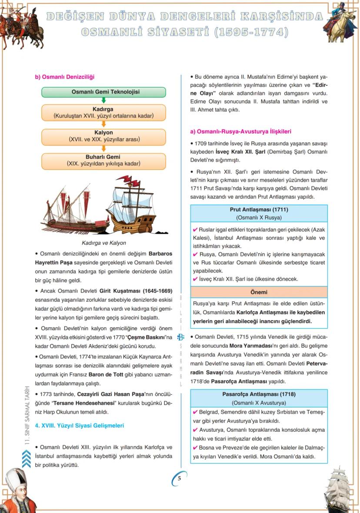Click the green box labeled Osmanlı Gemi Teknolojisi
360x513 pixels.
(103, 92)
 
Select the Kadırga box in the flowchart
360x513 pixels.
(103, 113)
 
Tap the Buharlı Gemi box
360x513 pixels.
(103, 160)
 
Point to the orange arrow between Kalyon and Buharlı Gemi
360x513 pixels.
(103, 148)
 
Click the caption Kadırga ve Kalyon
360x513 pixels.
(103, 243)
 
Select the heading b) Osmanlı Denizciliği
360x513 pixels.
(64, 77)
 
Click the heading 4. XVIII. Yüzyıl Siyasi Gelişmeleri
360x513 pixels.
(79, 426)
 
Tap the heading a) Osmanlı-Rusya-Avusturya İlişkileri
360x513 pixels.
(240, 131)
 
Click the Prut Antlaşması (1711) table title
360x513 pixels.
(259, 210)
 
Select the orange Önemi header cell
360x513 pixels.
(259, 292)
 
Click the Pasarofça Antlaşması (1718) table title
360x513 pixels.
(259, 394)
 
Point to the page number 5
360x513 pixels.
(179, 478)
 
